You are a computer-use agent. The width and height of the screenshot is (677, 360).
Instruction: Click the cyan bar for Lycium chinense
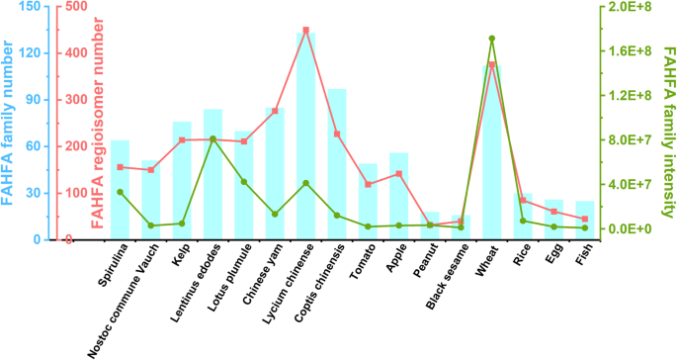click(x=306, y=138)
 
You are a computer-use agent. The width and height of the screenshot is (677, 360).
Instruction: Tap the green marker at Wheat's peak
click(x=492, y=39)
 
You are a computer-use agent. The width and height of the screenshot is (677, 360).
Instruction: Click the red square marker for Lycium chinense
click(x=306, y=31)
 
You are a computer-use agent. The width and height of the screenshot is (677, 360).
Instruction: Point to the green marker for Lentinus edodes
click(x=213, y=139)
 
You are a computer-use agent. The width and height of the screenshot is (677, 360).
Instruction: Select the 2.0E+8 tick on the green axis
click(x=632, y=7)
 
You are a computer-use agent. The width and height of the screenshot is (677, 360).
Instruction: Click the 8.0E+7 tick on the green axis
click(x=632, y=139)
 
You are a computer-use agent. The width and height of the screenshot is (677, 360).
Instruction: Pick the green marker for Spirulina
click(x=121, y=192)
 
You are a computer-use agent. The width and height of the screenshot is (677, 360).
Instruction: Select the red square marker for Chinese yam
click(x=275, y=111)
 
